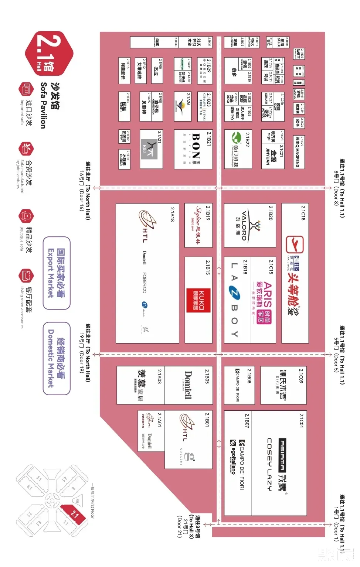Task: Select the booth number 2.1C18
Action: [x=303, y=213]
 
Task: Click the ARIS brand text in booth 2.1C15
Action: [x=267, y=296]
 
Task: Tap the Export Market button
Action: [x=56, y=273]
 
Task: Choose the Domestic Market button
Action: [x=56, y=358]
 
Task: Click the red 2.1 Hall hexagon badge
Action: [x=49, y=54]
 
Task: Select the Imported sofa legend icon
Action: [x=26, y=89]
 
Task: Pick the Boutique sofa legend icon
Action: [x=26, y=216]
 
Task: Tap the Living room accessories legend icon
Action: [x=26, y=276]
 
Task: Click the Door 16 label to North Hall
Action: [x=85, y=191]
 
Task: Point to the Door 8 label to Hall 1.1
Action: [x=339, y=188]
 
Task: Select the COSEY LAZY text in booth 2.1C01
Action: [x=269, y=464]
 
